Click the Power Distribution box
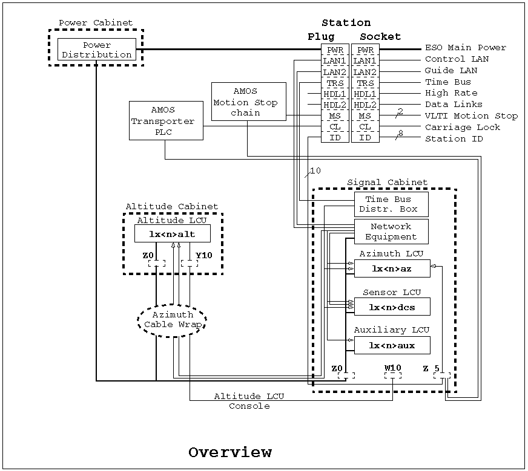[97, 50]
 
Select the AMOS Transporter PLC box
[166, 121]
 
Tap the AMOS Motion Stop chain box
[248, 102]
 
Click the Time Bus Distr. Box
[391, 204]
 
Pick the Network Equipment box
[391, 232]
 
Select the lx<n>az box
[392, 268]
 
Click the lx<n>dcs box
[392, 307]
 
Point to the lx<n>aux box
[392, 345]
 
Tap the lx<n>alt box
[173, 233]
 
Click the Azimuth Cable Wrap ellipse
[173, 320]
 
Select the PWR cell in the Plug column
[335, 50]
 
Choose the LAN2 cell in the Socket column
[365, 73]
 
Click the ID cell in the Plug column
[335, 138]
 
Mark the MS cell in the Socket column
[365, 115]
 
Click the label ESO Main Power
[465, 48]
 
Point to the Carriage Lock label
[463, 128]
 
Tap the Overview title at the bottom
[229, 452]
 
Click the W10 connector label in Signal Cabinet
[392, 368]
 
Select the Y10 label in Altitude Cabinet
[204, 255]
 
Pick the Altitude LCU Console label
[249, 401]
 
